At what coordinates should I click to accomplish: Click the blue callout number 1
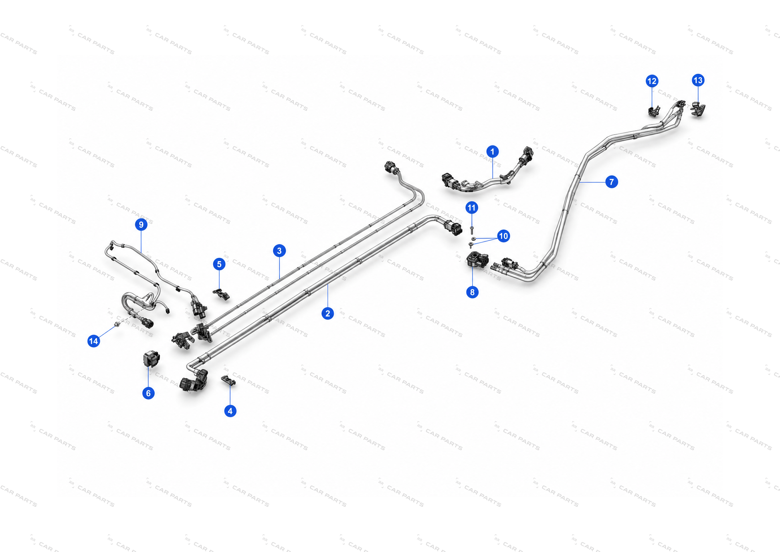[492, 152]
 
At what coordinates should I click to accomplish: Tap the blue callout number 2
[327, 313]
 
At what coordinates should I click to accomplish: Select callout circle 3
[279, 251]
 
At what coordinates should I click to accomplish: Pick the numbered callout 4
[230, 411]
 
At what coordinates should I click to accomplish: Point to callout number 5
[219, 264]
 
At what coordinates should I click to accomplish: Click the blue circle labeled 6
[148, 393]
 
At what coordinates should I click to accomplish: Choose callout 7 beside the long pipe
[611, 182]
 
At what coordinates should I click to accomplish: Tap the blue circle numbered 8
[472, 292]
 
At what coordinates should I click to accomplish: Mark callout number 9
[141, 224]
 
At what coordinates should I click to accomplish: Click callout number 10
[503, 236]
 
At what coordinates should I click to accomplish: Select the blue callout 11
[471, 208]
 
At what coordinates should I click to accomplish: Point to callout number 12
[652, 81]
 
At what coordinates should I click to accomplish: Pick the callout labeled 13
[698, 80]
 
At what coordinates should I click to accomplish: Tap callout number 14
[93, 341]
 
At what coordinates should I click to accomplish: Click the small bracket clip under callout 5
[221, 294]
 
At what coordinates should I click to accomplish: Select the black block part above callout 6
[151, 358]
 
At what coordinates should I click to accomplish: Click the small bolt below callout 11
[472, 230]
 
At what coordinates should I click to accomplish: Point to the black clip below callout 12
[654, 111]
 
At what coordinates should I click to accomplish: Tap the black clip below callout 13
[698, 109]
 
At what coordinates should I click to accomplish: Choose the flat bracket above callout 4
[228, 380]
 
